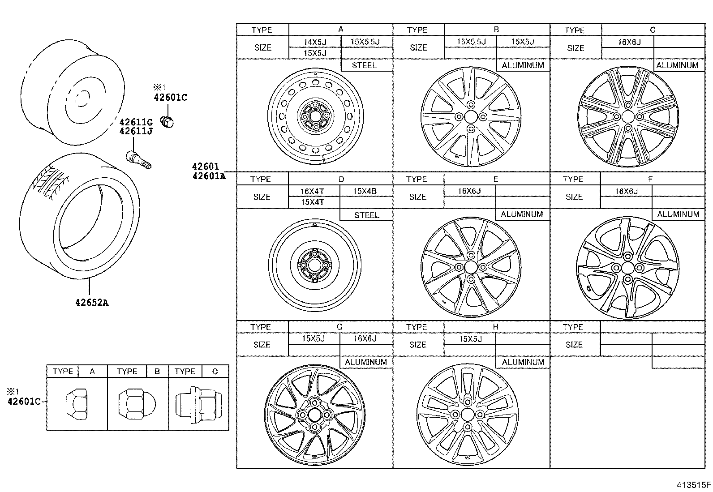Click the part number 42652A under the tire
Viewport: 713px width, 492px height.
coord(91,303)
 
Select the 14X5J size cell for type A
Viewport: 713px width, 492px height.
coord(315,42)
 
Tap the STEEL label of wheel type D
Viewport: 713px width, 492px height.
coord(366,215)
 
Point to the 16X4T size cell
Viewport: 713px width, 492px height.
coord(312,191)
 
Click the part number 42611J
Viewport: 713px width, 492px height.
coord(136,131)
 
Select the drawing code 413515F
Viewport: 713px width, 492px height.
coord(693,485)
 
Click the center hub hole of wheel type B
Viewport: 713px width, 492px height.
coord(471,117)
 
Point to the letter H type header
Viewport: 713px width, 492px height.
coord(495,327)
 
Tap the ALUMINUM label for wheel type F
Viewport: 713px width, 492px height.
coord(678,214)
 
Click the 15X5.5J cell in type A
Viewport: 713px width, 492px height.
coord(365,42)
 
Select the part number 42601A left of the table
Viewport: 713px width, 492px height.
coord(209,176)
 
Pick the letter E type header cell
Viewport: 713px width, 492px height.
coord(495,179)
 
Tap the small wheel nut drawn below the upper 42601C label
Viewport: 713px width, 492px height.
coord(168,121)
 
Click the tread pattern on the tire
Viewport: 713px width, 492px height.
coord(52,182)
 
